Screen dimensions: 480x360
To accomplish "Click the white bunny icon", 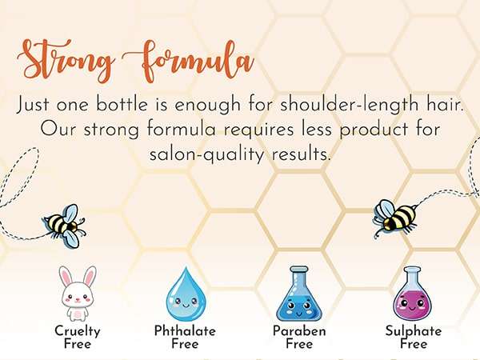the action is tap(78, 294).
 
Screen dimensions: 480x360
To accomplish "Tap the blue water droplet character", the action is tap(186, 294).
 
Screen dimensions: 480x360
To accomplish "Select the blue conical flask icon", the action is tap(298, 294).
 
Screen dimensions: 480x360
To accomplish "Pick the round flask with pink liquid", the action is tap(413, 294).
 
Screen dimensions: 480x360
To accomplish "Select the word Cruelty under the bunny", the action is tap(78, 331).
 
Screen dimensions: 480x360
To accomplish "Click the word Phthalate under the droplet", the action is tap(185, 330).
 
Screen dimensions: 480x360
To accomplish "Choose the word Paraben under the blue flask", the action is tap(299, 330).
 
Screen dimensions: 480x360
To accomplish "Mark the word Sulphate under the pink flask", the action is tap(414, 331).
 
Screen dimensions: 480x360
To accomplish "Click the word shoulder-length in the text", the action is tap(350, 105).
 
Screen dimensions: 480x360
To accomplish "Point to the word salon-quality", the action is tap(206, 154).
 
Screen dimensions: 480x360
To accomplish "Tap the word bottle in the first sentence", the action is tap(122, 104).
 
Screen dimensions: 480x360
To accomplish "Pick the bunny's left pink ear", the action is tap(66, 275).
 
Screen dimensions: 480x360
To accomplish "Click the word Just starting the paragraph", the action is tap(33, 105).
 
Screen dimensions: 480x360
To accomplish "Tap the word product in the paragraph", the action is tap(374, 130).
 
